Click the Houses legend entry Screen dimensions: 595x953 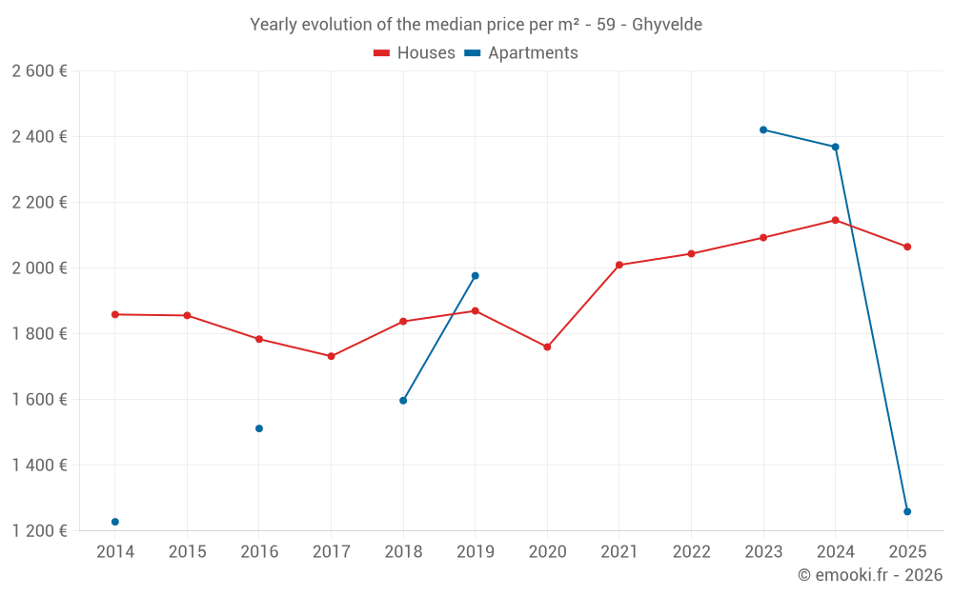tap(415, 53)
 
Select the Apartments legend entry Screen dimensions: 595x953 tap(521, 53)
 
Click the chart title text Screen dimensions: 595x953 tap(476, 25)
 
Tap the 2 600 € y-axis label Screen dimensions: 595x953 tap(40, 71)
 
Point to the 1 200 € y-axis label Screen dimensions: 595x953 tap(40, 531)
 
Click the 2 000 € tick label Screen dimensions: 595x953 tap(40, 268)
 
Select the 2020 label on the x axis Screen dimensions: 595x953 tap(547, 552)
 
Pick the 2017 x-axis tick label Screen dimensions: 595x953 tap(331, 552)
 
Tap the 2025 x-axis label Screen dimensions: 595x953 tap(907, 552)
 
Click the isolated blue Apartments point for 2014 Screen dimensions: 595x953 tap(115, 522)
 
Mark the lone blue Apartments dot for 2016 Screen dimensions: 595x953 tap(259, 428)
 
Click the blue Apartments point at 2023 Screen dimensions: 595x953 tap(763, 129)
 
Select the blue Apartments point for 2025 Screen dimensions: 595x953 tap(907, 511)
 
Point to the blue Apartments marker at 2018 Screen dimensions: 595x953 tap(403, 401)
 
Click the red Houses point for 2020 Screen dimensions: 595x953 tap(547, 347)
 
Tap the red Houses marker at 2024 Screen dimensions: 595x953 tap(836, 220)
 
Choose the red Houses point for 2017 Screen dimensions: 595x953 tap(331, 356)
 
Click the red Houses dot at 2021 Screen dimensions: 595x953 tap(619, 265)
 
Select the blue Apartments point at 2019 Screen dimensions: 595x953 tap(476, 276)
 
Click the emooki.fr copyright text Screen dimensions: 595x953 tap(870, 575)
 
